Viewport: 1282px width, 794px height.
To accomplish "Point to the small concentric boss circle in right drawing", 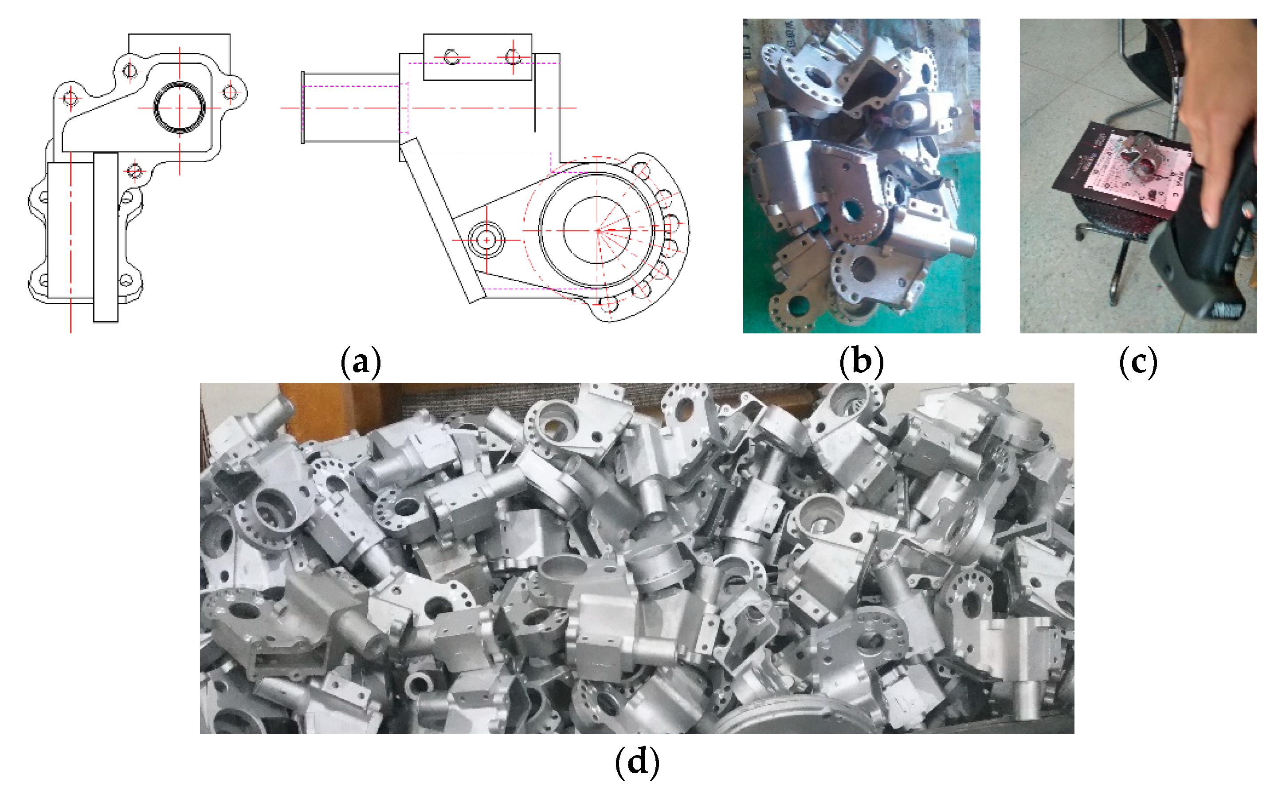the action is click(x=486, y=240).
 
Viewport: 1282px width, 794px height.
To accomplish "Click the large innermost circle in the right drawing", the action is click(x=597, y=230).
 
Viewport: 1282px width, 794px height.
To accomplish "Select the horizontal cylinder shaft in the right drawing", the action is click(x=350, y=108).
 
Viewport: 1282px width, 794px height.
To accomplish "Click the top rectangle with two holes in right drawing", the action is click(x=478, y=57).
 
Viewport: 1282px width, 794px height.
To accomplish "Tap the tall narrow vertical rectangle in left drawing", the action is click(x=106, y=237).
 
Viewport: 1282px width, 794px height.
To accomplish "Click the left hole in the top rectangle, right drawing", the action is click(x=451, y=57).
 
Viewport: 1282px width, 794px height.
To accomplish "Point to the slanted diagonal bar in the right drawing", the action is click(x=442, y=221).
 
